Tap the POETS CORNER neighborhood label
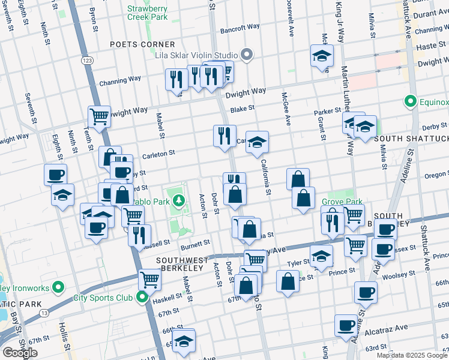[x=142, y=44]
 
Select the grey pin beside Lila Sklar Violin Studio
[x=247, y=56]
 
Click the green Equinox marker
[x=411, y=101]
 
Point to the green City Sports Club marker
[x=142, y=297]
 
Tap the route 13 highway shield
[x=44, y=313]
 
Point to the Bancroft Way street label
[x=240, y=27]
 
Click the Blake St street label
[x=243, y=109]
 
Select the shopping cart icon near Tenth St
[x=99, y=115]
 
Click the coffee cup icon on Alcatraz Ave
[x=345, y=325]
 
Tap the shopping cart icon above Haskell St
[x=149, y=278]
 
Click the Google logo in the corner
[x=20, y=353]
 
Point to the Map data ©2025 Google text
[x=411, y=355]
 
